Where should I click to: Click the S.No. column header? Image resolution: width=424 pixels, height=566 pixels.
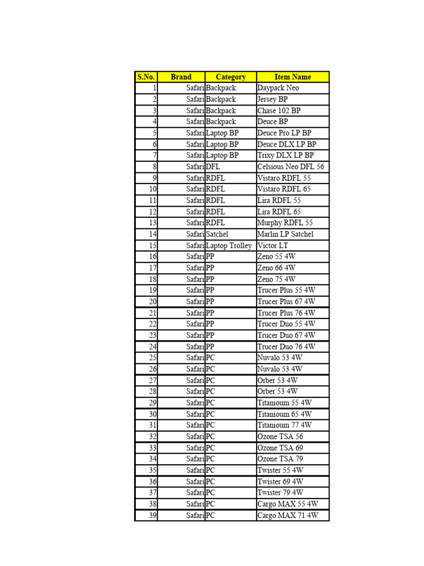point(146,77)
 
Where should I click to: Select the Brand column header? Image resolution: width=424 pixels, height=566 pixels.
point(181,77)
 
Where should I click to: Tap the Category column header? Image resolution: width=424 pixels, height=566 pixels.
point(231,77)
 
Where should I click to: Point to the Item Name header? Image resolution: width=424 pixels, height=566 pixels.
point(293,77)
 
